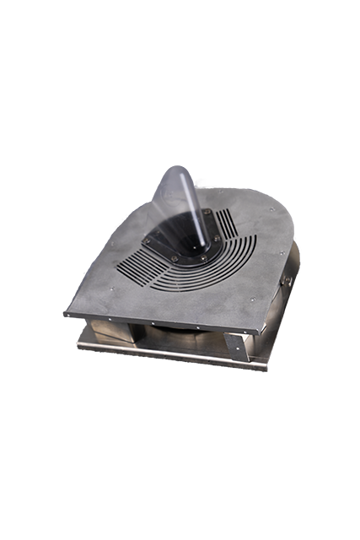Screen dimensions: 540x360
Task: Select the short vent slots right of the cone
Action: [227, 221]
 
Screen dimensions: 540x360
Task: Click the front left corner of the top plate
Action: [66, 315]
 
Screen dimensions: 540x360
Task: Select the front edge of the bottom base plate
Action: [169, 357]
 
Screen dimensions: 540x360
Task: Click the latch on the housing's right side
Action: [287, 279]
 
